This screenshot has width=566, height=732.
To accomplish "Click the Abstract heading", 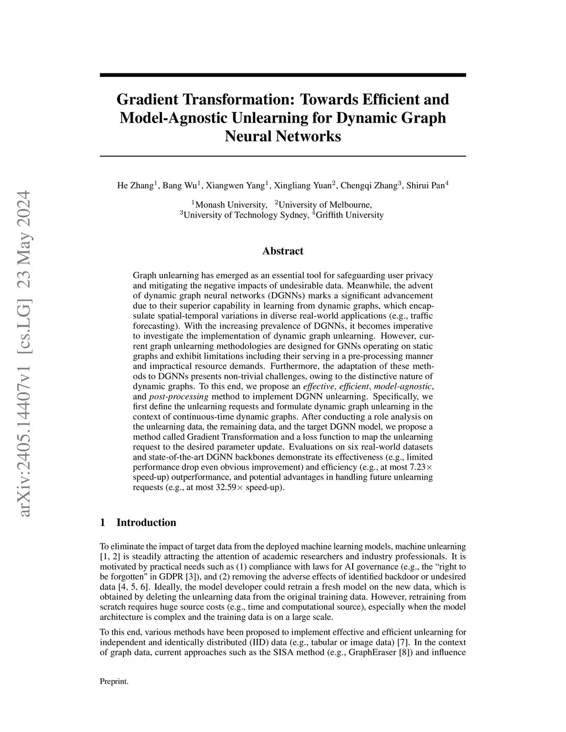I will click(282, 251).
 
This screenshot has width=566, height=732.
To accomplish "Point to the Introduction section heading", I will click(146, 523).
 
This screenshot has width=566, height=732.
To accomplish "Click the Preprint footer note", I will click(114, 682).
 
